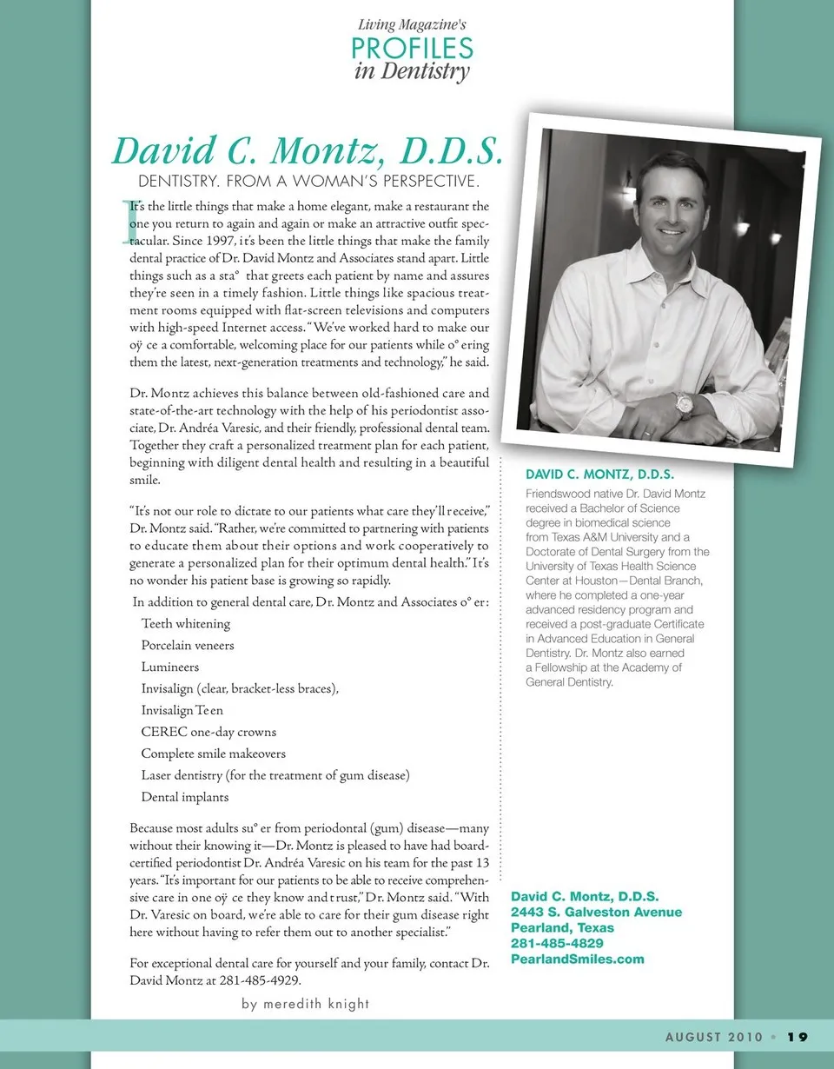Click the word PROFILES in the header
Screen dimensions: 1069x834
point(413,48)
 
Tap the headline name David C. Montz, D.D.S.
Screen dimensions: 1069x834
point(308,150)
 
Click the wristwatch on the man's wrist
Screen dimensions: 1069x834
point(684,403)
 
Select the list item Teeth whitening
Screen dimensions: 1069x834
point(186,624)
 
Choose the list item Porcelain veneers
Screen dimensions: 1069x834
point(188,646)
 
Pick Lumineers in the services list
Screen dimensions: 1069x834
point(170,667)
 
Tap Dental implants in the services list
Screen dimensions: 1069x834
point(185,797)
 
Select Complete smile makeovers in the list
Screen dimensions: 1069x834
point(214,754)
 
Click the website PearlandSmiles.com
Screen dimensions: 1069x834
point(578,959)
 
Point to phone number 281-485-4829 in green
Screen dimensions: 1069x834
point(557,944)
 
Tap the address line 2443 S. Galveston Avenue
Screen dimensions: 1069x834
point(596,913)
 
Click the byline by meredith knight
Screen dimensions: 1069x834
point(306,1004)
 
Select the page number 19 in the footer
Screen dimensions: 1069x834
point(798,1037)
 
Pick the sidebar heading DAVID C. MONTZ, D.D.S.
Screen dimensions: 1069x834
point(600,475)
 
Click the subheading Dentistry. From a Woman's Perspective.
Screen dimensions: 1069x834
point(309,183)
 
